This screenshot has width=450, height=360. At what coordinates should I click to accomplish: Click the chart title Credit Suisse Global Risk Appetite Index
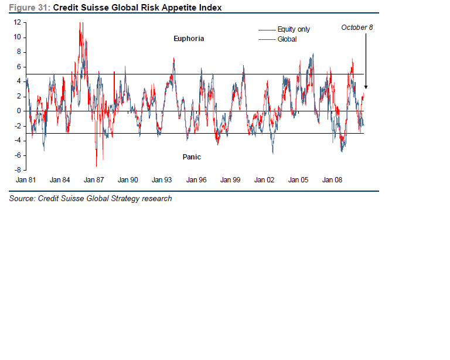coord(137,8)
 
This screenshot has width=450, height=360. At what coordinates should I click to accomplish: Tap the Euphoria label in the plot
coord(189,39)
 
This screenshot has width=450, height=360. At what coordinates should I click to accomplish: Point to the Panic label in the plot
coord(191,157)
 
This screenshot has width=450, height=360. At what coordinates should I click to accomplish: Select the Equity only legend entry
coord(294,29)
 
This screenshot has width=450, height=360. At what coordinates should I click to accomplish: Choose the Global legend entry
coord(287,39)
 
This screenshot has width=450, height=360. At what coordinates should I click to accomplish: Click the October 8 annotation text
coord(357,28)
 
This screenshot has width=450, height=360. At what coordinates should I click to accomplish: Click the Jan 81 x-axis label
coord(26,180)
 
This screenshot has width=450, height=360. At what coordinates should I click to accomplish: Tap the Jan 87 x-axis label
coord(94,180)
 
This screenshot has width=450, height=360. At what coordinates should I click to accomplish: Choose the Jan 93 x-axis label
coord(162,180)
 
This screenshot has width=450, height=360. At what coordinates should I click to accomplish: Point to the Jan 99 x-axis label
coord(230,180)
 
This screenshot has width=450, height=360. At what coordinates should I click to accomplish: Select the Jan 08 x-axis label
coord(332,180)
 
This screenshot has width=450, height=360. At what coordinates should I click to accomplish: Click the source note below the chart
coord(90,199)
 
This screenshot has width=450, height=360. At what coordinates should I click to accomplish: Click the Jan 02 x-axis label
coord(264,180)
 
